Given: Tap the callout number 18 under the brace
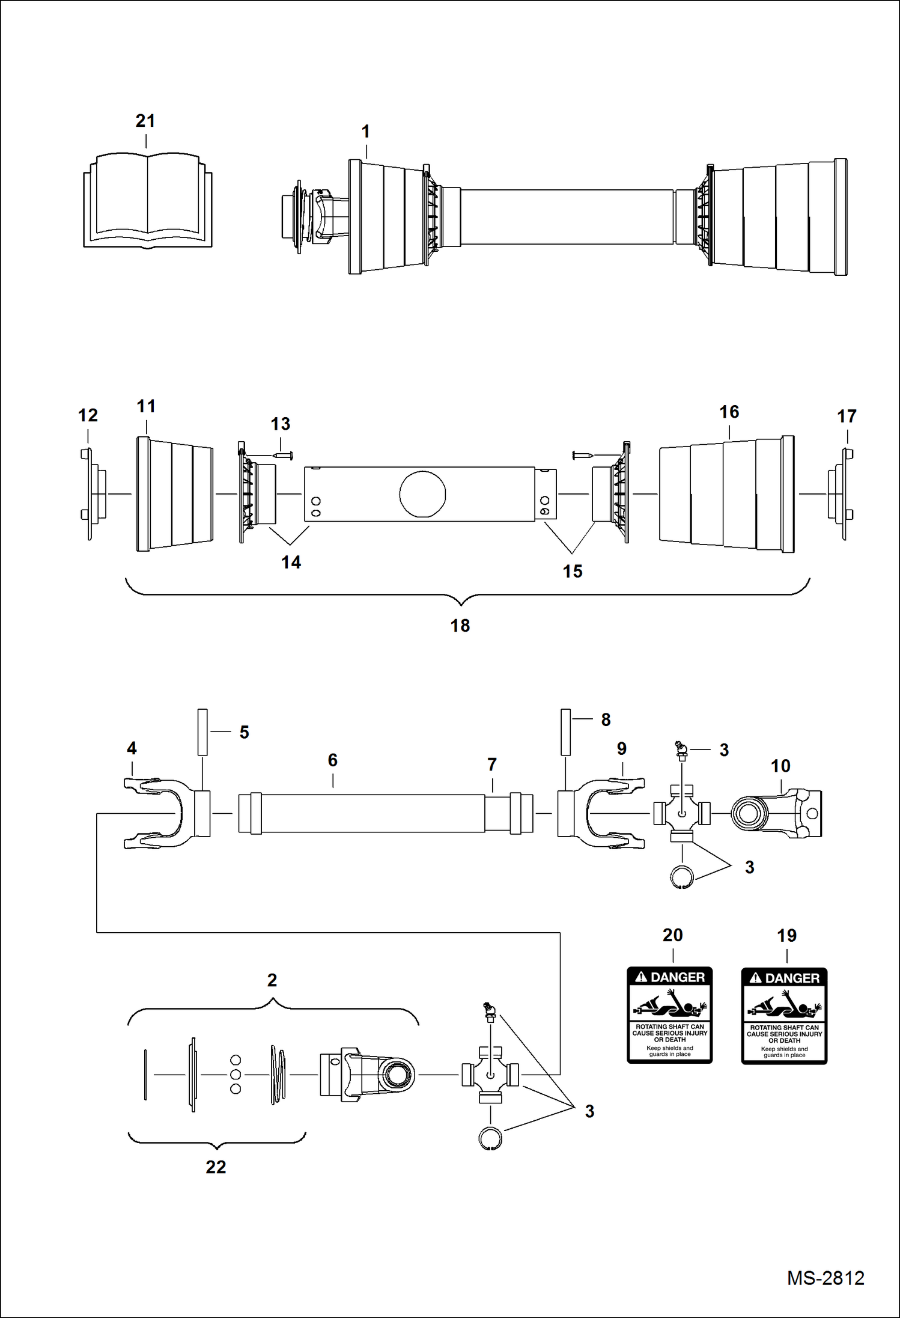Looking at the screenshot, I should (460, 626).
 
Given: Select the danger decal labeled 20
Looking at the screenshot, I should (669, 1015).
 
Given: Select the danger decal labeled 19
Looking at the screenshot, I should (784, 1016).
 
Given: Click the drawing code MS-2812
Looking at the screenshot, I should (825, 1278).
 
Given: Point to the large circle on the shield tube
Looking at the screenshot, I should (422, 494).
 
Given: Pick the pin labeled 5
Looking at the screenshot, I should (202, 731).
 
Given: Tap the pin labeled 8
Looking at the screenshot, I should (565, 731).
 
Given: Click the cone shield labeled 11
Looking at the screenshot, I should (174, 494).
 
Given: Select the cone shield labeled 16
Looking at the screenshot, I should (727, 494).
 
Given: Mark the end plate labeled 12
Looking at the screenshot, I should (90, 494).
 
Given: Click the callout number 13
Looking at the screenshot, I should (280, 424).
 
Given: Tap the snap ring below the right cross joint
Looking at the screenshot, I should (682, 876).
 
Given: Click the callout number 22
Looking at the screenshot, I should (216, 1167).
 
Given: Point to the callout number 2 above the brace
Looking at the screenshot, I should (272, 980).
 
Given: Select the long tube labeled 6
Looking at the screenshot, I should (372, 813).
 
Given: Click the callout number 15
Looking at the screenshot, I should (573, 571).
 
